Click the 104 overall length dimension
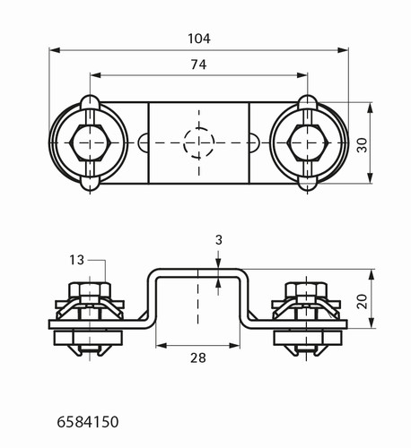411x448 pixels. coord(199,39)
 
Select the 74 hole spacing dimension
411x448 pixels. coord(198,65)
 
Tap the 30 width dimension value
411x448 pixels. coord(362,145)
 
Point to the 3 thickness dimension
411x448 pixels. coord(219,240)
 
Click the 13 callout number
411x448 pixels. coord(77,260)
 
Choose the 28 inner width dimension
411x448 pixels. coord(198,358)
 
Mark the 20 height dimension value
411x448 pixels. coord(362,301)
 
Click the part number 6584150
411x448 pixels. coord(88,422)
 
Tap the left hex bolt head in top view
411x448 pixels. coord(90,142)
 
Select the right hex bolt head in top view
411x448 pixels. coord(308,142)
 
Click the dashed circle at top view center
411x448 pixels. coord(199,142)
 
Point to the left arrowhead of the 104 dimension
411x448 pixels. coord(55,50)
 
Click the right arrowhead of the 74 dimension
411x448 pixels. coord(302,75)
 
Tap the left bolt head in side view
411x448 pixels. coord(90,289)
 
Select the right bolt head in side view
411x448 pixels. coord(306,289)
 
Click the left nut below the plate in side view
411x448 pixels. coord(88,338)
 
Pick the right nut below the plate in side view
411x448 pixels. coord(308,338)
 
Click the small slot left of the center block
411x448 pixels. coord(144,142)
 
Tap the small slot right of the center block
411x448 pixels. coord(255,142)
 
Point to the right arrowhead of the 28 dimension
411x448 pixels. coord(234,346)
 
